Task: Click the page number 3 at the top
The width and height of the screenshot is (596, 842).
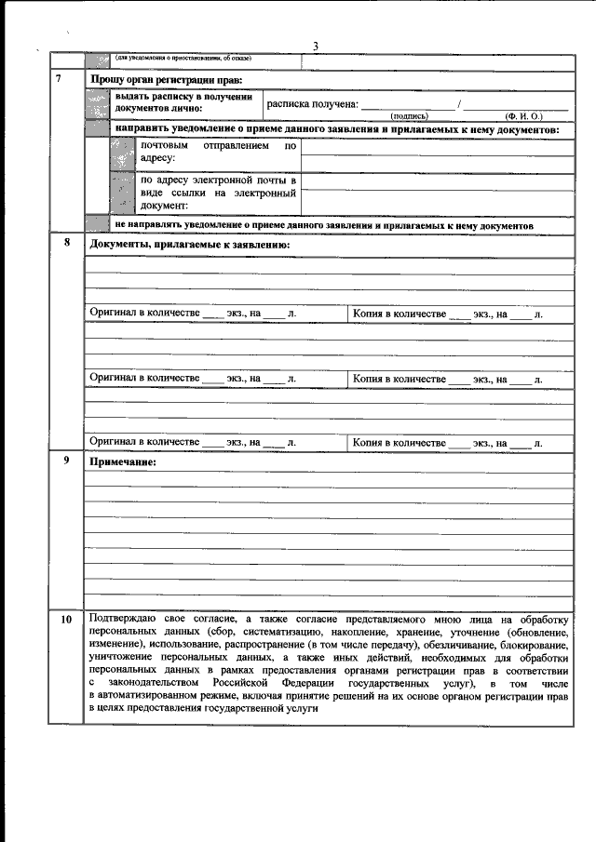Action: (316, 47)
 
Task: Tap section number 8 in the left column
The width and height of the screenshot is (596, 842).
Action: (65, 243)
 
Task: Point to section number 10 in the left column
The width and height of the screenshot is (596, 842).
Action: (65, 620)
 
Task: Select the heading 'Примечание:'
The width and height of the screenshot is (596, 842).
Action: (122, 462)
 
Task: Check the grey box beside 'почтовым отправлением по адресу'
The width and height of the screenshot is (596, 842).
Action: (123, 153)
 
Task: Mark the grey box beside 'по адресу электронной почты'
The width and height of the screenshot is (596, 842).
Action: (123, 193)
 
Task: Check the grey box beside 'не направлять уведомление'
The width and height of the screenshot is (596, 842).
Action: (98, 224)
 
